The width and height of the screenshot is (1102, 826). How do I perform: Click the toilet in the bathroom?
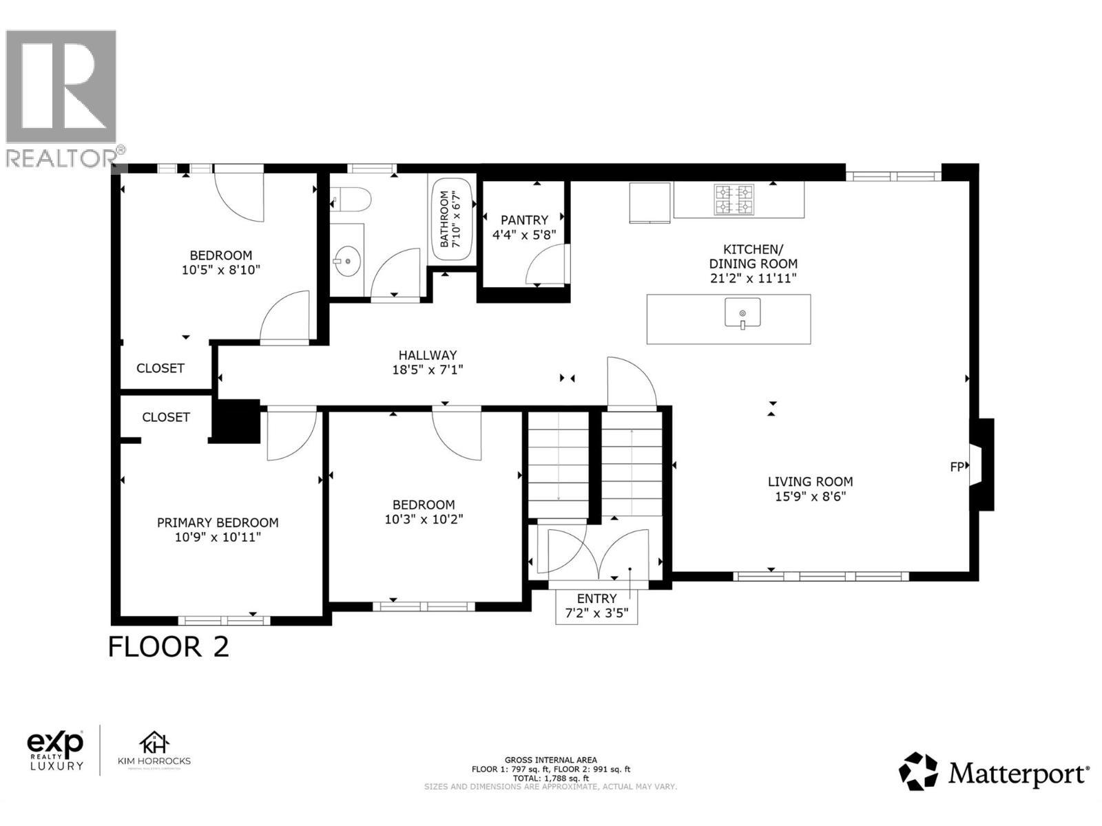[x=353, y=200]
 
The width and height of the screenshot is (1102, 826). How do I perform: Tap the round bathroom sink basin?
[x=348, y=261]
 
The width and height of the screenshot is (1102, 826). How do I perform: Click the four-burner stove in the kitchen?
[x=734, y=199]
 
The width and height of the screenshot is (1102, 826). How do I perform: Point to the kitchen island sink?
[x=742, y=314]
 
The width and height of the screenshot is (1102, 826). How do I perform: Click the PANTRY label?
[x=524, y=220]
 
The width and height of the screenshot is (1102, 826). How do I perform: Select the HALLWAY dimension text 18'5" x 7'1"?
[x=427, y=370]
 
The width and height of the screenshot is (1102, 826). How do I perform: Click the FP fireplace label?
[x=957, y=467]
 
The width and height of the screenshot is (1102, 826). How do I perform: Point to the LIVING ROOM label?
[x=810, y=482]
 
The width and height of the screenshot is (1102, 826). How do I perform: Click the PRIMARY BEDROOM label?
[x=218, y=522]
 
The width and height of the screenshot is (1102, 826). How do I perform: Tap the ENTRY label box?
[x=596, y=606]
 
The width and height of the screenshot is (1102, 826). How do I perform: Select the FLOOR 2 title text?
[x=169, y=647]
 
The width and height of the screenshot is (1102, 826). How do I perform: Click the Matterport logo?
[x=994, y=772]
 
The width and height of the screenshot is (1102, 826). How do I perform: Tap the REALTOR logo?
[x=62, y=96]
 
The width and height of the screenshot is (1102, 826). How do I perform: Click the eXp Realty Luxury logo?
[x=55, y=750]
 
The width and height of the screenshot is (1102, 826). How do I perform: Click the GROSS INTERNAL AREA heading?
[x=550, y=760]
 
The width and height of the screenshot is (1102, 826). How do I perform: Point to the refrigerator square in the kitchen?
[x=649, y=202]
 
